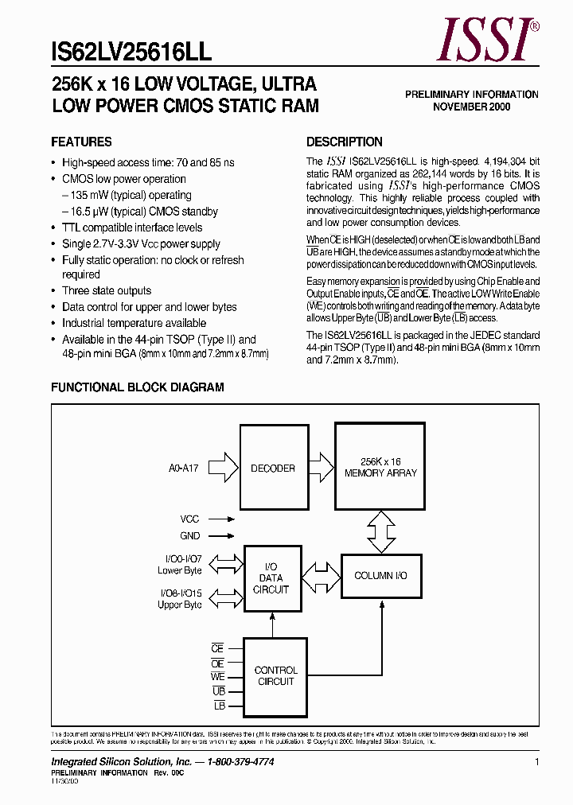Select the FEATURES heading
[x=81, y=142]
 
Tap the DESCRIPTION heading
[x=345, y=142]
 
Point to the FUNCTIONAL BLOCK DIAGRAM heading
[x=138, y=387]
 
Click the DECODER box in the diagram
[x=273, y=469]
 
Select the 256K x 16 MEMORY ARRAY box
[x=380, y=467]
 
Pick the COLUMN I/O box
[x=380, y=575]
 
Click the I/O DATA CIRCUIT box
[x=272, y=578]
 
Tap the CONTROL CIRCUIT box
[x=275, y=676]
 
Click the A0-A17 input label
[x=184, y=469]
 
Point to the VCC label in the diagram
[x=189, y=519]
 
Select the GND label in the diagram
[x=189, y=536]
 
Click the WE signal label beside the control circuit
[x=217, y=677]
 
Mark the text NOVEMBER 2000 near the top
[x=472, y=107]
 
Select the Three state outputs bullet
[x=106, y=291]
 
